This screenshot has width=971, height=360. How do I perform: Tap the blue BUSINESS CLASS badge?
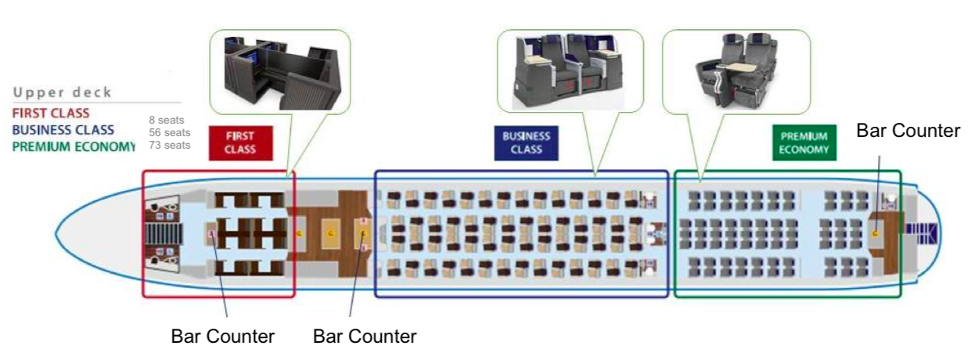click(x=527, y=142)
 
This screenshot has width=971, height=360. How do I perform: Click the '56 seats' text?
click(x=169, y=133)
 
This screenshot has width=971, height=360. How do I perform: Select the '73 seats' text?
click(x=169, y=145)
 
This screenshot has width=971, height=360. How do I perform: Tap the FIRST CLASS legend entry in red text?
click(x=51, y=114)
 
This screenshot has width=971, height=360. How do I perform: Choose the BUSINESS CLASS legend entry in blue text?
click(x=63, y=130)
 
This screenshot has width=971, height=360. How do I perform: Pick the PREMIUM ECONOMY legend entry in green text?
click(x=74, y=146)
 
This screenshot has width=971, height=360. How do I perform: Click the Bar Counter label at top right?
click(x=908, y=131)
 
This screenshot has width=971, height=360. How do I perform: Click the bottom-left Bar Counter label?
click(x=223, y=337)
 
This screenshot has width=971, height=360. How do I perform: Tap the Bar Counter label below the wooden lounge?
click(x=365, y=337)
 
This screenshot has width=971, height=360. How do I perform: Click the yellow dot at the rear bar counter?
click(x=877, y=232)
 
